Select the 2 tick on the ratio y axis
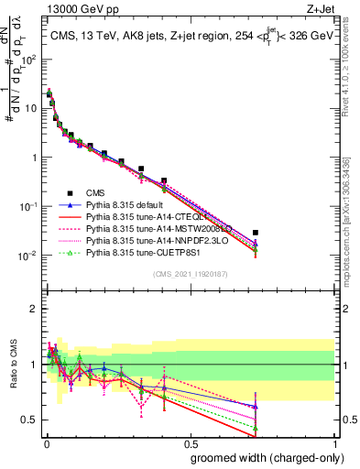pos(34,308)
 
